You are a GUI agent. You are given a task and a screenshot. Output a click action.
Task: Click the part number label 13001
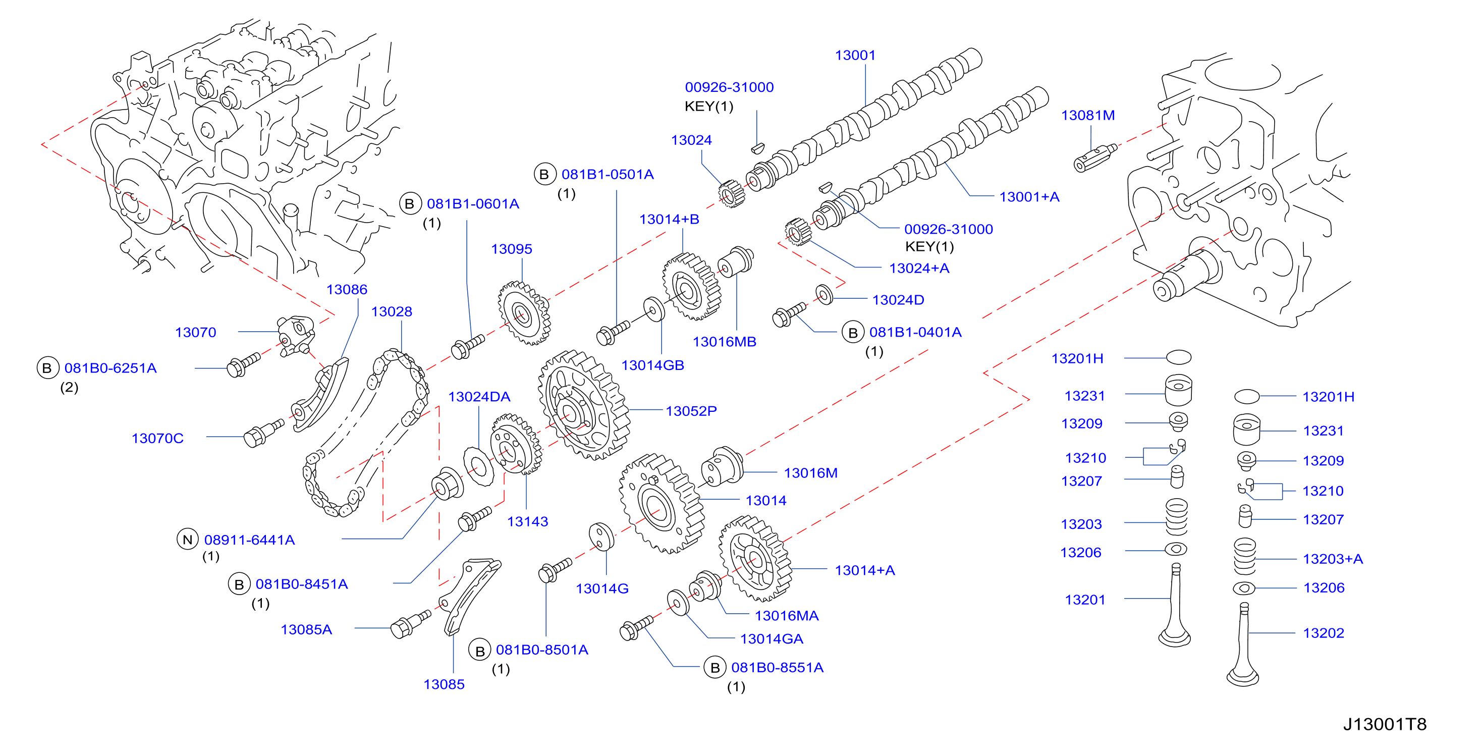coord(855,56)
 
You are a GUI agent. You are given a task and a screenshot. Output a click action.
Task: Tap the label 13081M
coord(1088,115)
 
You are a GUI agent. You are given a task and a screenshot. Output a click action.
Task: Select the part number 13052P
coord(691,411)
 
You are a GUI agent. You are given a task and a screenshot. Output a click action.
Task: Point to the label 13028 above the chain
coord(392,312)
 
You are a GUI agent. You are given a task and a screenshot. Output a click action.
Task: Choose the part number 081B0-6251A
coord(111,368)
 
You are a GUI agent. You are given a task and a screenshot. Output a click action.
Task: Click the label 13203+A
coord(1333,559)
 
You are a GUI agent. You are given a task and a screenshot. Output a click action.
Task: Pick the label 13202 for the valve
coord(1323,633)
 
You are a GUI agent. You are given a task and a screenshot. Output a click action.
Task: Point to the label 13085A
coord(306,630)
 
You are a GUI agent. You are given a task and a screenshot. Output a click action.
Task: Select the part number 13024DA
coord(479,397)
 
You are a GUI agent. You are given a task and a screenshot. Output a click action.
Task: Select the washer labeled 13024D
coord(825,294)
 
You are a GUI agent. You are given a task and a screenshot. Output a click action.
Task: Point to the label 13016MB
coord(724,342)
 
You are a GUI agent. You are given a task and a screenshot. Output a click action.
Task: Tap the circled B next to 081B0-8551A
coord(715,667)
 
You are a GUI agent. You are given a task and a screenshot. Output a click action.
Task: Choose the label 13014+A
coord(865,570)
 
